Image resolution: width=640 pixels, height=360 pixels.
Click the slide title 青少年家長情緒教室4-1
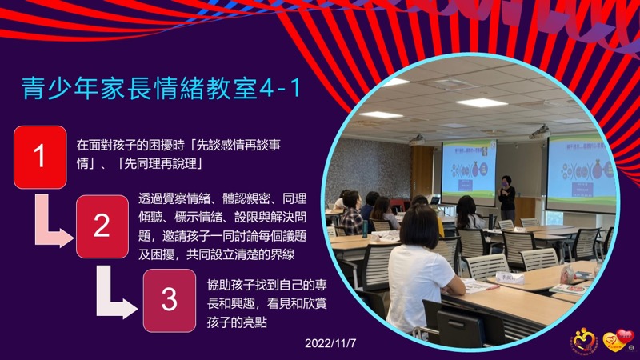[x=161, y=88]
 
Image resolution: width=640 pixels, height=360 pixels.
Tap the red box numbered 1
[x=40, y=157]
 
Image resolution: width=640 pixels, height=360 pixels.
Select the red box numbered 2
[x=102, y=226]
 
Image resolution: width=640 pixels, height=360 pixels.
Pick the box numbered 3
[x=170, y=301]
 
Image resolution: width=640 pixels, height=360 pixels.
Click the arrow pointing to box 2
[x=49, y=229]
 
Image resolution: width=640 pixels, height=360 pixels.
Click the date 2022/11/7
[x=330, y=343]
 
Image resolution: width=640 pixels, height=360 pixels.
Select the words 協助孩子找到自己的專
[x=267, y=285]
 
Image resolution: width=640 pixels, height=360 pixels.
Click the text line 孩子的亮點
[x=237, y=322]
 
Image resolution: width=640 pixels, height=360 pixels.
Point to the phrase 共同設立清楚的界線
[x=241, y=254]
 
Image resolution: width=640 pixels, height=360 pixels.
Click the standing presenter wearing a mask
[x=506, y=198]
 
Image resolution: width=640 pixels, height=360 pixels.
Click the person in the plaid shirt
[x=351, y=213]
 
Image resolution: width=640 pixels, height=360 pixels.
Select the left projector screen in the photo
[x=469, y=172]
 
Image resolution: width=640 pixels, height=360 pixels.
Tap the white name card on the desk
[x=510, y=278]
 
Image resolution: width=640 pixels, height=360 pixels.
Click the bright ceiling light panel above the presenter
[x=482, y=102]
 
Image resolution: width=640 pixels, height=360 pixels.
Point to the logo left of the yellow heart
[x=585, y=341]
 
